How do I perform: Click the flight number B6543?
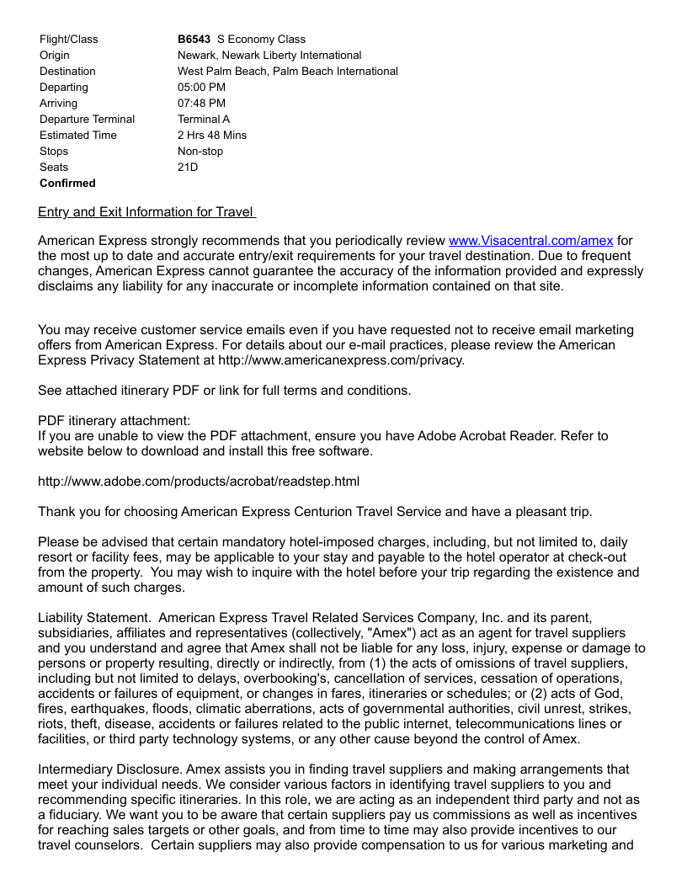click(194, 40)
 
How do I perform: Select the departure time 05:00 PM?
click(201, 88)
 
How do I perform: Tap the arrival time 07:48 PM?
click(201, 104)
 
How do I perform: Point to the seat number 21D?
click(188, 168)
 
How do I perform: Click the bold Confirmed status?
click(67, 184)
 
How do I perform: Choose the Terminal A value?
click(204, 120)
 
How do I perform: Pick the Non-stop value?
click(200, 152)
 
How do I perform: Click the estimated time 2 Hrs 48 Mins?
click(212, 136)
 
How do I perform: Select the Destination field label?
click(67, 72)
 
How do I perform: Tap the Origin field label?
click(55, 56)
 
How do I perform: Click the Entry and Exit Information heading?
click(146, 212)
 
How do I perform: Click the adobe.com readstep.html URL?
click(199, 482)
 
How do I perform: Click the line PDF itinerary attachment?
click(114, 421)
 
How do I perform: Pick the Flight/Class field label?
click(68, 40)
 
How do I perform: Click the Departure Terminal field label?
click(87, 120)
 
